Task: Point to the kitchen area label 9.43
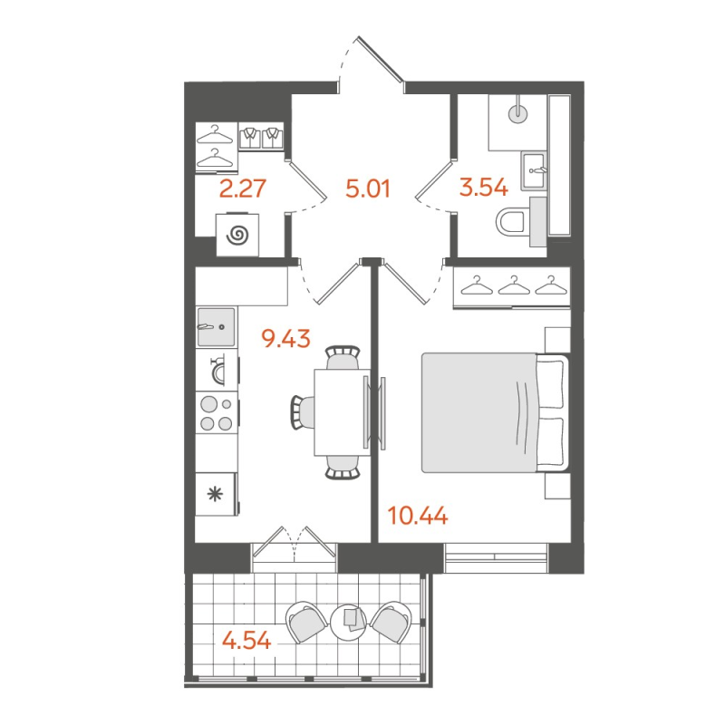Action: [x=285, y=339]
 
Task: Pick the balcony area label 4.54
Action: [x=246, y=640]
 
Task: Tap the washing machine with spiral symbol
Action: [x=237, y=236]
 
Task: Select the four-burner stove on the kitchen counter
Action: [x=217, y=413]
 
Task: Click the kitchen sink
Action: [x=216, y=326]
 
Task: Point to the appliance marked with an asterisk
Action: [x=216, y=494]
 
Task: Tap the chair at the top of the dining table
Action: [x=342, y=357]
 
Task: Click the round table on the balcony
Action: [x=350, y=620]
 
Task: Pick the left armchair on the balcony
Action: [x=306, y=622]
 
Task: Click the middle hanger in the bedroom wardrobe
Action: [x=512, y=286]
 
